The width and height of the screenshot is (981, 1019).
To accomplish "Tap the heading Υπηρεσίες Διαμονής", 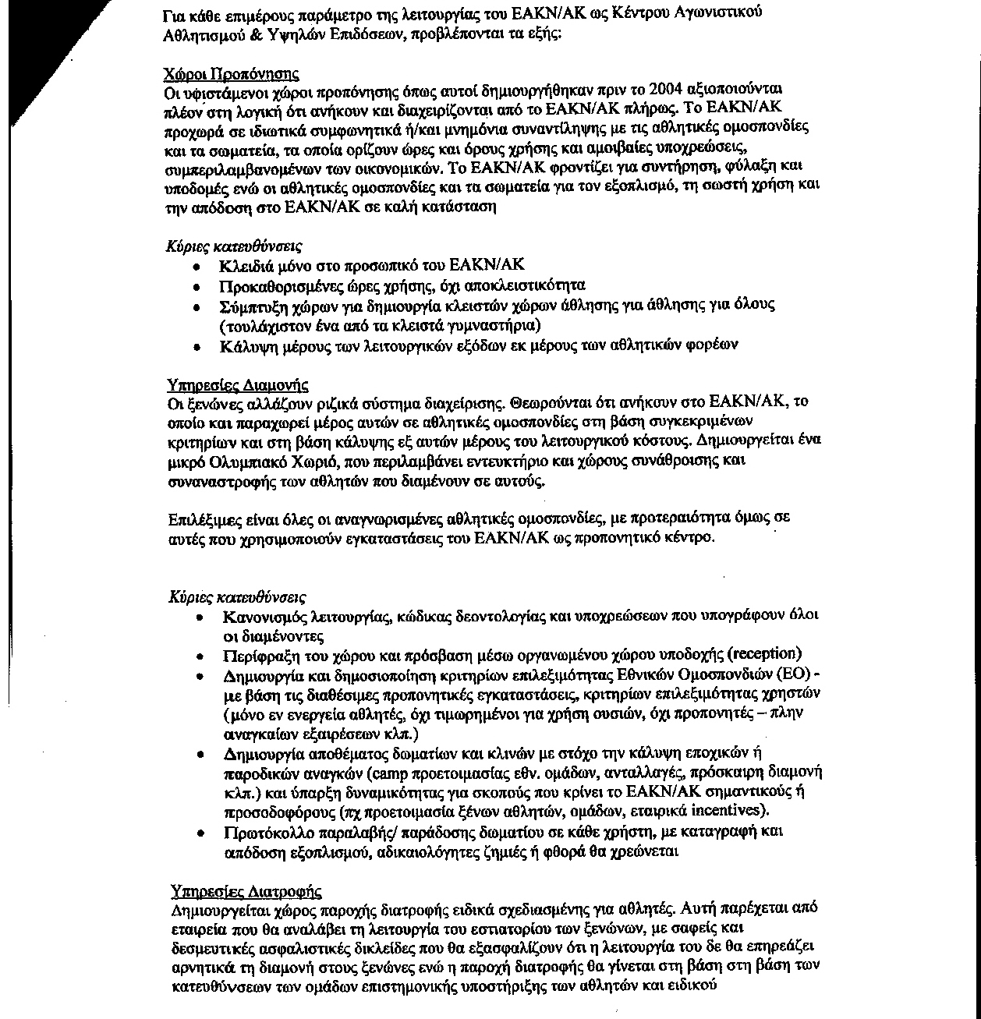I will coord(238,385).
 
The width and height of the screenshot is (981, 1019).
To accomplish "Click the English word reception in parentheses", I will coord(765,653).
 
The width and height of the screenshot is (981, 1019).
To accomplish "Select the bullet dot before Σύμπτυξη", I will coord(198,305).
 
